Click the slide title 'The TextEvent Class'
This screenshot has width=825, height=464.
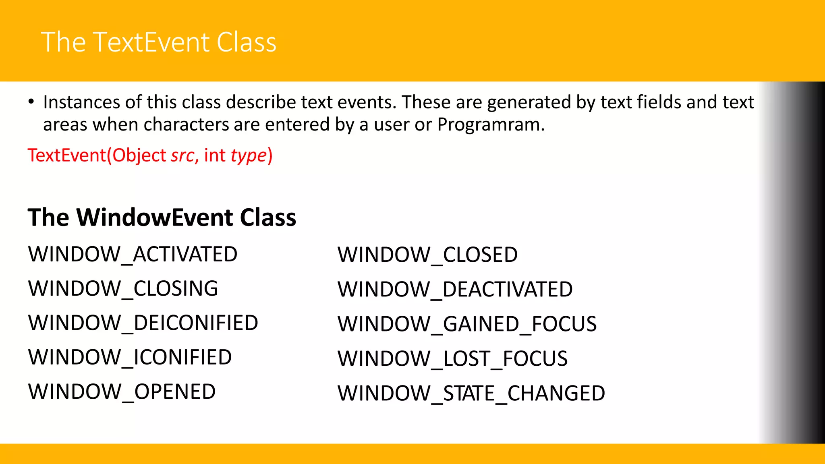[159, 42]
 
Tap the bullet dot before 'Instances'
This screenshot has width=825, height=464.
[31, 101]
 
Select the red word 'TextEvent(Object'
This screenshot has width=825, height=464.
[97, 155]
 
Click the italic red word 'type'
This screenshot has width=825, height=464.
[249, 156]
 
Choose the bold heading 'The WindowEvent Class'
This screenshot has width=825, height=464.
[162, 217]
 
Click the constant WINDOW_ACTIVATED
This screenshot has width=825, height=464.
[133, 255]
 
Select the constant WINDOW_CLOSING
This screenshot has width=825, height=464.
[123, 289]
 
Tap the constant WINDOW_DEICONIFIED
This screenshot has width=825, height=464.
[143, 323]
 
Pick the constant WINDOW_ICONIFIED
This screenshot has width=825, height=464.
[130, 357]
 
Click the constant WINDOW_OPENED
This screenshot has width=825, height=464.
[122, 391]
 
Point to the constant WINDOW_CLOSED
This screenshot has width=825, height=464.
[427, 255]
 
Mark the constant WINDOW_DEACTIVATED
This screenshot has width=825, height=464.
[455, 290]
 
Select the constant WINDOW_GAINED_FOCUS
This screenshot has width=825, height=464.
[467, 324]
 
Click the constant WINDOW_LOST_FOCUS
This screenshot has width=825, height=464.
[452, 358]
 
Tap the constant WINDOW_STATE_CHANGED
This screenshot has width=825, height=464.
[471, 393]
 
